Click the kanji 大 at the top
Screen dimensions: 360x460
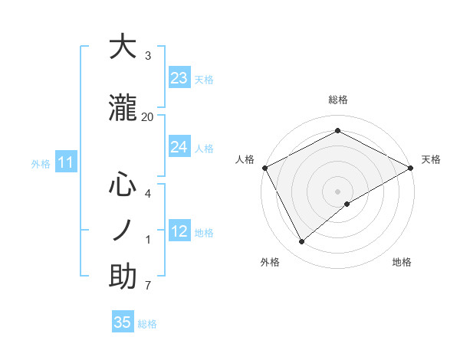[123, 47]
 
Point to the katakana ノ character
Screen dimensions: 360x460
[123, 230]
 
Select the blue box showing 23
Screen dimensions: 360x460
[179, 78]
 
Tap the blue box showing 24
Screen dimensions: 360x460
[179, 147]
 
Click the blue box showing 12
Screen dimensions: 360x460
[179, 231]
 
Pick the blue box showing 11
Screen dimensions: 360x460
[66, 162]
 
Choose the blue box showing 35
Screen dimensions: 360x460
[123, 322]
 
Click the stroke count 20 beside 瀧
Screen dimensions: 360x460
[147, 116]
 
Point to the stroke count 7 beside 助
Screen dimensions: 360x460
[148, 286]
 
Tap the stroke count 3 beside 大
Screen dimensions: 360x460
[148, 56]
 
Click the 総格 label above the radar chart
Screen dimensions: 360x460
[337, 100]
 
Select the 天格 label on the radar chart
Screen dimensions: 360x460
[431, 159]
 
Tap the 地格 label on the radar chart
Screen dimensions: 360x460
[402, 262]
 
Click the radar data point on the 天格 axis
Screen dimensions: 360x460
[411, 167]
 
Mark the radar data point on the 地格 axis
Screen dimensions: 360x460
[347, 204]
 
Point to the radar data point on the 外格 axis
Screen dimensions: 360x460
[302, 241]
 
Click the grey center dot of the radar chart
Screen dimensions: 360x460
[337, 191]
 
